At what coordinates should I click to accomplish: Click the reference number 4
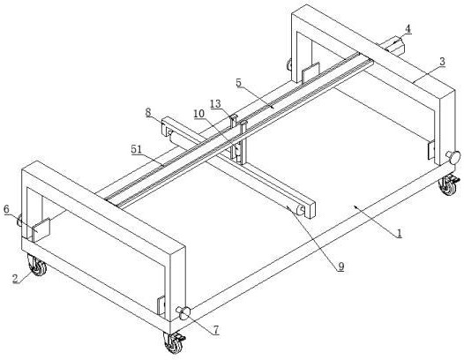point(408,29)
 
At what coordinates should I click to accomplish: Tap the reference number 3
point(442,62)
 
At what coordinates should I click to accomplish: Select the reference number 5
point(239,83)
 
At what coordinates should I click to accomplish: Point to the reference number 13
point(216,103)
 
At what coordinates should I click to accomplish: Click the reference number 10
point(199,114)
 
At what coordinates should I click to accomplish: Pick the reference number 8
point(148,112)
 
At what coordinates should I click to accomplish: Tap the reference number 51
point(137,149)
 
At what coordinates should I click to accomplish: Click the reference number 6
point(7,209)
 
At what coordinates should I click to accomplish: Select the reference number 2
point(15,278)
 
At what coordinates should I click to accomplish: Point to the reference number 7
point(216,330)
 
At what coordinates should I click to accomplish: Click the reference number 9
point(341,266)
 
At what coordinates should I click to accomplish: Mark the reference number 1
point(400,233)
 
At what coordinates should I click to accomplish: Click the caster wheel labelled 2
point(37,266)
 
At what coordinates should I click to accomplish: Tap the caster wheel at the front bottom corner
point(174,342)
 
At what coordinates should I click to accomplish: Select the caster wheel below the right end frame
point(449,184)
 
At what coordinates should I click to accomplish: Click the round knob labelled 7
point(183,313)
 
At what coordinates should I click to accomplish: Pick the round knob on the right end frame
point(453,156)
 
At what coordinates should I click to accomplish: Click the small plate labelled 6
point(41,229)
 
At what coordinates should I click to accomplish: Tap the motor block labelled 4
point(392,45)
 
